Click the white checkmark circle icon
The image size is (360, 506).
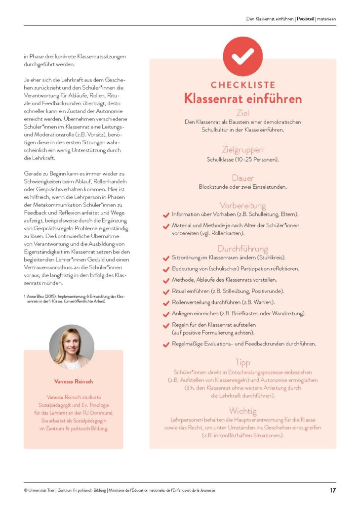click(242, 56)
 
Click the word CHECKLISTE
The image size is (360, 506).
click(242, 85)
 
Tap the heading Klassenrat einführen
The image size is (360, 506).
click(242, 98)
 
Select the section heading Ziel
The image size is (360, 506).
click(242, 113)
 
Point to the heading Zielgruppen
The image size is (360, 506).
click(242, 149)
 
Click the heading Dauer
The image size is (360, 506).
click(242, 177)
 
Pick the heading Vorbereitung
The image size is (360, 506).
click(242, 205)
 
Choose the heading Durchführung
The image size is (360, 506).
click(242, 249)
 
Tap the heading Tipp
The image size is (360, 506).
click(242, 362)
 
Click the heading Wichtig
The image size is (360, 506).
click(242, 411)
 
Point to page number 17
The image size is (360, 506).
click(333, 490)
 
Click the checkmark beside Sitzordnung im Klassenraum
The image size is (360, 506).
click(166, 258)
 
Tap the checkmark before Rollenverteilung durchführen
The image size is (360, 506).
click(166, 302)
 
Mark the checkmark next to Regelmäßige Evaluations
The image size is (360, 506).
click(166, 344)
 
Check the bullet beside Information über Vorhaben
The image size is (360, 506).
click(166, 215)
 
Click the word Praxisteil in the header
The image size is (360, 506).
click(306, 19)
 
